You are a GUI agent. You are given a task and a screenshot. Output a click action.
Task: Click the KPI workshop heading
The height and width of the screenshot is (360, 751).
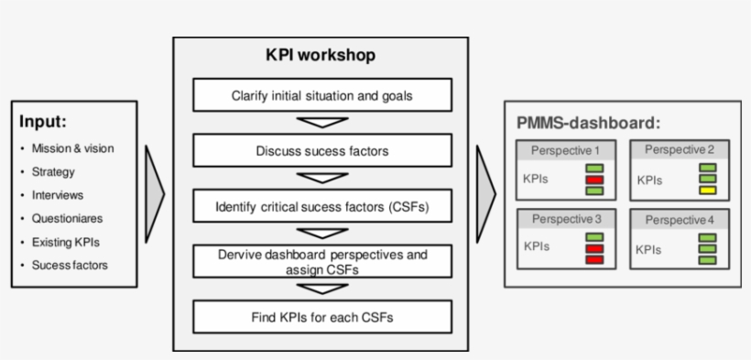(321, 56)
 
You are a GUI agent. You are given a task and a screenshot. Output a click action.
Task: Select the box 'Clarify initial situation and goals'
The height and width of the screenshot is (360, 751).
(321, 95)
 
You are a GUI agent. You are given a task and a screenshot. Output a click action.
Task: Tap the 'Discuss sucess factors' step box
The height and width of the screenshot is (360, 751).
(321, 151)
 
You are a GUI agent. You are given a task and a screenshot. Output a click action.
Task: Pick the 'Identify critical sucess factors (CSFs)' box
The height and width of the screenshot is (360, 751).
(321, 206)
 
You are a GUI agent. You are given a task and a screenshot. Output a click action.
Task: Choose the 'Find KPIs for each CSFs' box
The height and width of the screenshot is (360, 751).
(321, 317)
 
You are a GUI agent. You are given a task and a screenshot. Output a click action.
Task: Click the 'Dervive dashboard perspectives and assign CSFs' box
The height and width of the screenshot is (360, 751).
(321, 261)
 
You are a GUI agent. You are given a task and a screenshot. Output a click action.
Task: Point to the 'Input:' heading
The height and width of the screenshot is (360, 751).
(43, 121)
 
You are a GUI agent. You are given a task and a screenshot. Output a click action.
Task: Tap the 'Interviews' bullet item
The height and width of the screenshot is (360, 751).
(57, 195)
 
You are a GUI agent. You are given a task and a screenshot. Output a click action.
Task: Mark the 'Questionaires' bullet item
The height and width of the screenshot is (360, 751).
(66, 219)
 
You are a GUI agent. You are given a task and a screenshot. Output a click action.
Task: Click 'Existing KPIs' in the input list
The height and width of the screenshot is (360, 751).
(66, 243)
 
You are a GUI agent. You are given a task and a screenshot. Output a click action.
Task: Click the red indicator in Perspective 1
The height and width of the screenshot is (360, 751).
(595, 180)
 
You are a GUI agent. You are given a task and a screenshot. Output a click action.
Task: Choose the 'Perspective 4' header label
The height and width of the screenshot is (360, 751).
(680, 220)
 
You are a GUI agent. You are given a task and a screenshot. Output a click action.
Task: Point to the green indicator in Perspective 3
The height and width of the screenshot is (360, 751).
(595, 236)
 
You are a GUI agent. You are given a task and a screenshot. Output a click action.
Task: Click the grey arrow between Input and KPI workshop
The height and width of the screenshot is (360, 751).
(155, 192)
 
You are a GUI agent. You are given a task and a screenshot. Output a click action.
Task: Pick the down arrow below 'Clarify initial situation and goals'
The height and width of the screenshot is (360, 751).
(321, 123)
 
